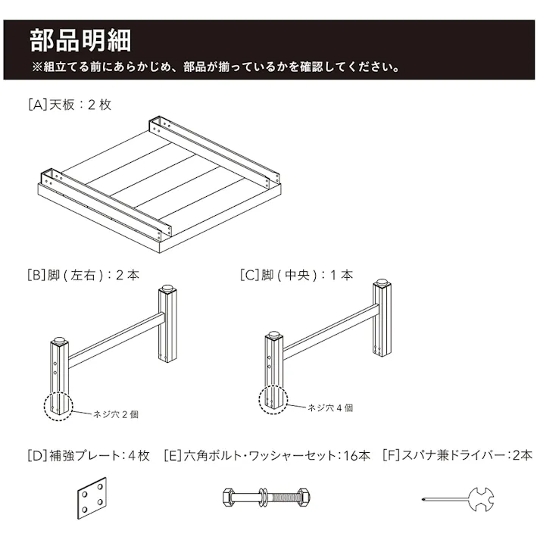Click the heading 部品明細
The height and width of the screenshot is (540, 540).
[80, 41]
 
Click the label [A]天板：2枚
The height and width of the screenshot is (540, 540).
[70, 105]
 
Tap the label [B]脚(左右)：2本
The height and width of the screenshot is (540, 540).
[83, 275]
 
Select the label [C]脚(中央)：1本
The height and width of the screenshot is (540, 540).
[297, 275]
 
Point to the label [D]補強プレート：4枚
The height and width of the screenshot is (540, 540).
[89, 456]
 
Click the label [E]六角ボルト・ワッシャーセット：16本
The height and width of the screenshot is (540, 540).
[267, 456]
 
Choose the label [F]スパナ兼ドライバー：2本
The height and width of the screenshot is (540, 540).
[457, 456]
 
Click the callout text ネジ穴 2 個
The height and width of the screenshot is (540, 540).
[116, 414]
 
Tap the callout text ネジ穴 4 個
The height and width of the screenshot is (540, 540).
[330, 408]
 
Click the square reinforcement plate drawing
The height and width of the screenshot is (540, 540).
[92, 498]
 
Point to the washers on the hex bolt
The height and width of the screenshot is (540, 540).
[264, 498]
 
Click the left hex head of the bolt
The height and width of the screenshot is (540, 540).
[228, 498]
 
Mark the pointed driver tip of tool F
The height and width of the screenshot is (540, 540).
[423, 499]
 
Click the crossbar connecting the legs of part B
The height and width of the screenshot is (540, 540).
[117, 340]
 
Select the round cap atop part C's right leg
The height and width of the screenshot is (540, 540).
[382, 282]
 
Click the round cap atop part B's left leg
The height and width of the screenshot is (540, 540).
[59, 340]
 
